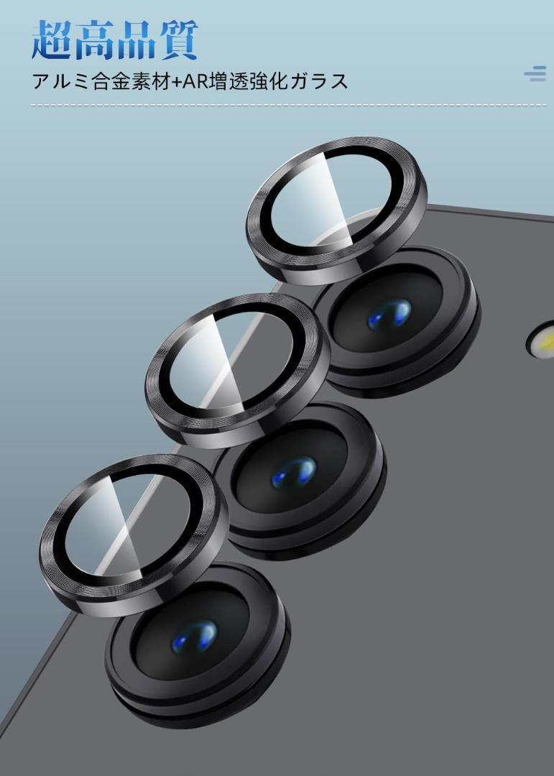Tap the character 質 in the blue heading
(x=177, y=40)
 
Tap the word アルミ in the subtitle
(x=60, y=81)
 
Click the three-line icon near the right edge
(x=535, y=73)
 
